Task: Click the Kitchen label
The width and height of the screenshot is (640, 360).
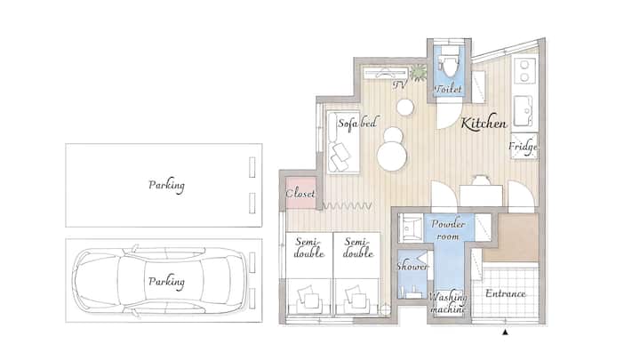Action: pyautogui.click(x=484, y=123)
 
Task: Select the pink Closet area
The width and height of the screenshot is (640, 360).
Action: pyautogui.click(x=300, y=193)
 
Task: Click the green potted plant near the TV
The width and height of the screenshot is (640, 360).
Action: pyautogui.click(x=419, y=72)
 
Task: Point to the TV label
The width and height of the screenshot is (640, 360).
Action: pyautogui.click(x=400, y=84)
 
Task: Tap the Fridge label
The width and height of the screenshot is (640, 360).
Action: pyautogui.click(x=523, y=147)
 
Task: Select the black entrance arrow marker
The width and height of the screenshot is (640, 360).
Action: pyautogui.click(x=505, y=332)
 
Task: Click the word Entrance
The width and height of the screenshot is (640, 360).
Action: pyautogui.click(x=505, y=293)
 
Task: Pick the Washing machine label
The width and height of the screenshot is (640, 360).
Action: pyautogui.click(x=448, y=303)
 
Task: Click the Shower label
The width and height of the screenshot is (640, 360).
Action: pyautogui.click(x=412, y=267)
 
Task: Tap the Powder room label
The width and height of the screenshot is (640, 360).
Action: pyautogui.click(x=448, y=230)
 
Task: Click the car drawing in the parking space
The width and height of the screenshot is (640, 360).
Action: pyautogui.click(x=161, y=281)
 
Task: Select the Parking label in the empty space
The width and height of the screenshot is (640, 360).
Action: pyautogui.click(x=166, y=185)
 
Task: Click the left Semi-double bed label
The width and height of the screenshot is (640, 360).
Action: pyautogui.click(x=309, y=247)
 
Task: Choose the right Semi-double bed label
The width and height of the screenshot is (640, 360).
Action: pyautogui.click(x=358, y=247)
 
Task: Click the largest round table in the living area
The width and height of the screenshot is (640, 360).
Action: pyautogui.click(x=392, y=156)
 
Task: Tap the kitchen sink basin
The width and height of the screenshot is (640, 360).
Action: pyautogui.click(x=523, y=110)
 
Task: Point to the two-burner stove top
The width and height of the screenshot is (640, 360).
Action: pyautogui.click(x=524, y=70)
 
